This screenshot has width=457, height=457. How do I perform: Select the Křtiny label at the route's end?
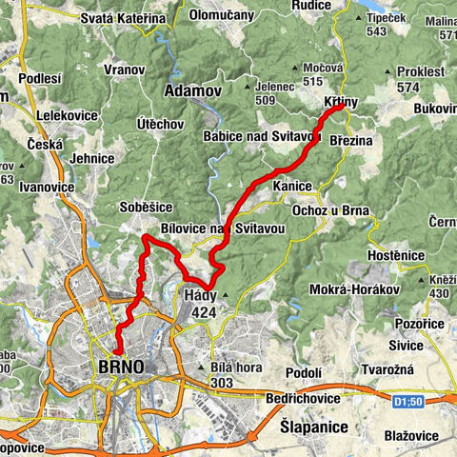340,100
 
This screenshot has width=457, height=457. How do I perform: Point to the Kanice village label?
292,186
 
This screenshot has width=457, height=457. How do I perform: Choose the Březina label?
354,141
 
